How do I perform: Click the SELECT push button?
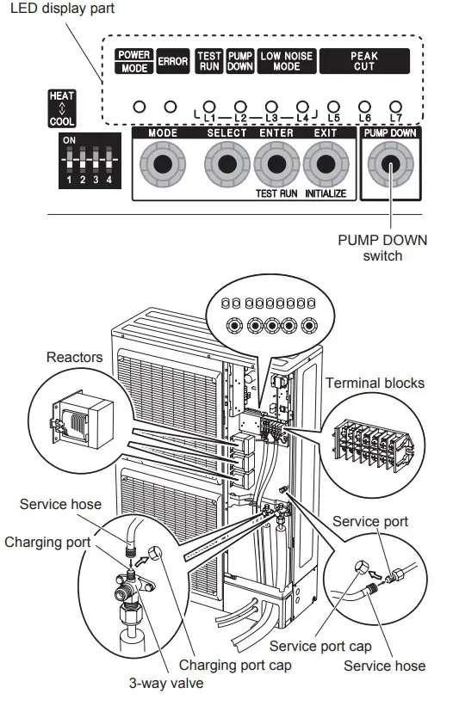[226, 164]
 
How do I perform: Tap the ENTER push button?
[276, 164]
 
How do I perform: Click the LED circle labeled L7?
[395, 106]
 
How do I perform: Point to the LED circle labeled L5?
[334, 106]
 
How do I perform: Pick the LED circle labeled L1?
[208, 106]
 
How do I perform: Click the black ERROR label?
[172, 62]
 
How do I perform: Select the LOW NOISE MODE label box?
[288, 61]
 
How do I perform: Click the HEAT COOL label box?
[62, 108]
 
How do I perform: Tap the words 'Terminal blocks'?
[375, 383]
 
